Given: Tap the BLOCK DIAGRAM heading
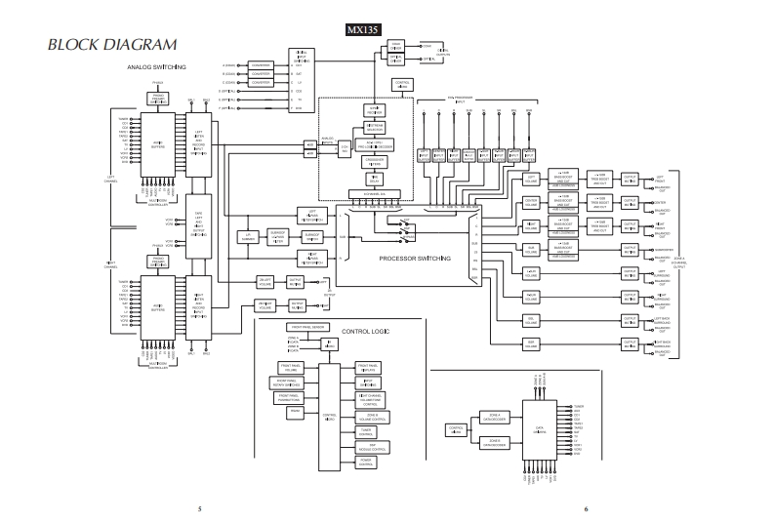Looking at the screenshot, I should pyautogui.click(x=112, y=44).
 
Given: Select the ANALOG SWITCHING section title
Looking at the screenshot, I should pyautogui.click(x=157, y=66).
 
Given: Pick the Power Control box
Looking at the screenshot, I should pyautogui.click(x=366, y=463).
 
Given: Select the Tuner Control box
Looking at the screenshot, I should pyautogui.click(x=366, y=430).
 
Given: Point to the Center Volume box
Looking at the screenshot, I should pyautogui.click(x=531, y=202).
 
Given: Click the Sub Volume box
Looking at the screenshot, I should pyautogui.click(x=531, y=249).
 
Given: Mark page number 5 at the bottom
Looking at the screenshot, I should pyautogui.click(x=198, y=508).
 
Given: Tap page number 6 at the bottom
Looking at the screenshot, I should pyautogui.click(x=586, y=508).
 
